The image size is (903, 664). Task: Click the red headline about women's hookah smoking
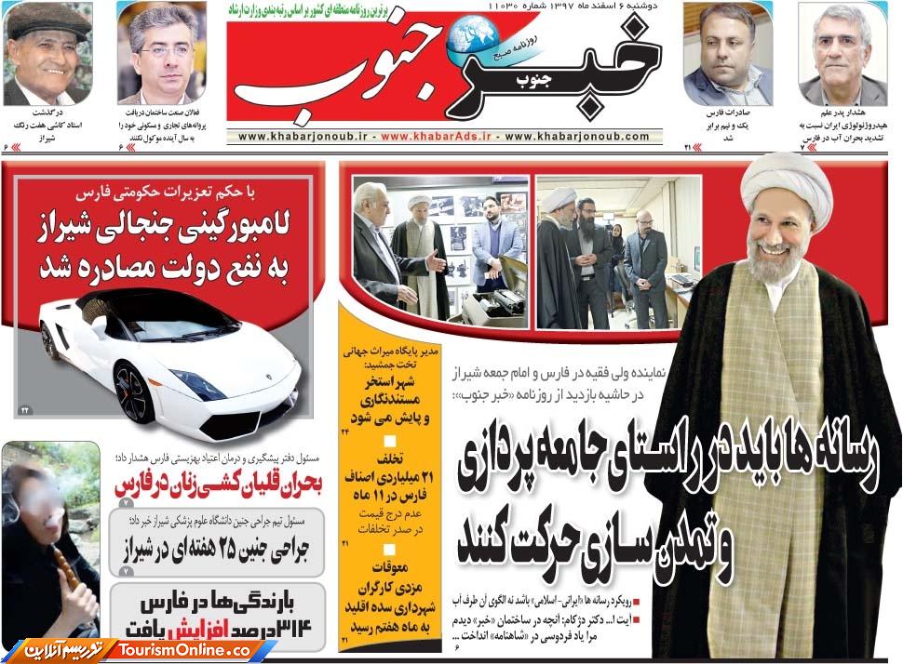[218, 485]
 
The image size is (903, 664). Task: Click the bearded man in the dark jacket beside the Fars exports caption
[727, 57]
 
